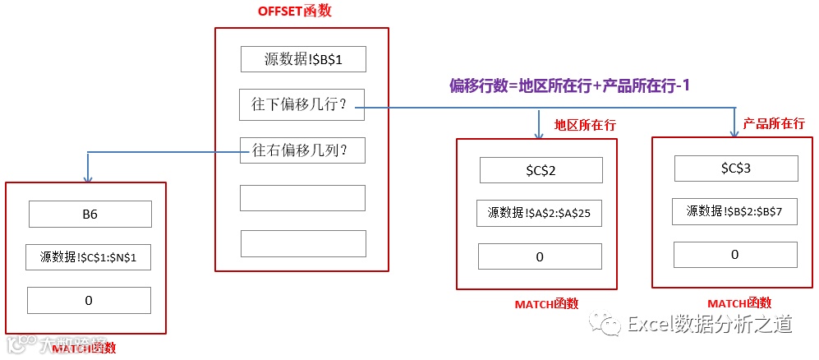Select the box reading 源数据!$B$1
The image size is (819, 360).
click(x=302, y=59)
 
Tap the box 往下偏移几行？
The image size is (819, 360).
click(x=301, y=105)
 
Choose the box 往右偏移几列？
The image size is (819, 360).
click(x=301, y=150)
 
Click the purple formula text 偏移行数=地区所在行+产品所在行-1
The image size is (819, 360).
click(x=568, y=85)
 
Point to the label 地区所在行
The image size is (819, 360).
click(x=585, y=125)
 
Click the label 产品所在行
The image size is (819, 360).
click(x=773, y=123)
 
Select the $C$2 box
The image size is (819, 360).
click(x=541, y=170)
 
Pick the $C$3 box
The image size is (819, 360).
click(x=735, y=168)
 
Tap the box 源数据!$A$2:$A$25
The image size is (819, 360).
click(x=539, y=214)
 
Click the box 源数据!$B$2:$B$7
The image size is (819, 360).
click(x=734, y=211)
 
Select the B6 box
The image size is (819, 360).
click(x=90, y=215)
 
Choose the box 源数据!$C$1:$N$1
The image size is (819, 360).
click(x=89, y=257)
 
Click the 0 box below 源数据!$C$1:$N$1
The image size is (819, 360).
click(x=89, y=301)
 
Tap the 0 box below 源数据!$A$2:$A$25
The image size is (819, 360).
click(x=539, y=257)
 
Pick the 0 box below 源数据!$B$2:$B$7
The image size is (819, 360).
click(x=734, y=255)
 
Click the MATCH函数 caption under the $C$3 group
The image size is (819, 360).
click(x=735, y=304)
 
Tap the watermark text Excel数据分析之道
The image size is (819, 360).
click(x=709, y=325)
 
